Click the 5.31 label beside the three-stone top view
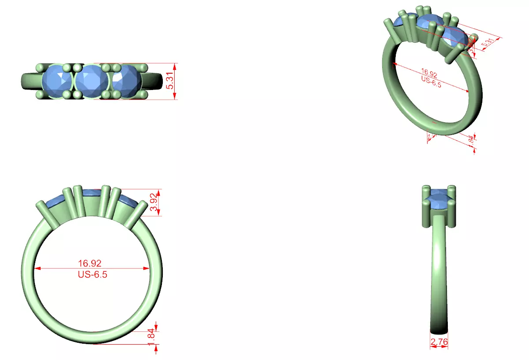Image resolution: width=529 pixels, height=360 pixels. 170,81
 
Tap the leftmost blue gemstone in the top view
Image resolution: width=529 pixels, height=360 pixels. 57,81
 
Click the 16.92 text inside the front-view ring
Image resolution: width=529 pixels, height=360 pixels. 90,263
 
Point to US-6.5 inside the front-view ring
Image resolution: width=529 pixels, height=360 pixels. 92,274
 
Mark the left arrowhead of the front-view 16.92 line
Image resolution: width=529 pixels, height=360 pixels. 37,268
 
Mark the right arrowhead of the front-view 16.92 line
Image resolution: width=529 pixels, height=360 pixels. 146,268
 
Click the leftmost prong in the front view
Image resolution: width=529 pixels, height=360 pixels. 46,214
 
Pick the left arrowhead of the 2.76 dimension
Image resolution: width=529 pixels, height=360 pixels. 431,347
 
